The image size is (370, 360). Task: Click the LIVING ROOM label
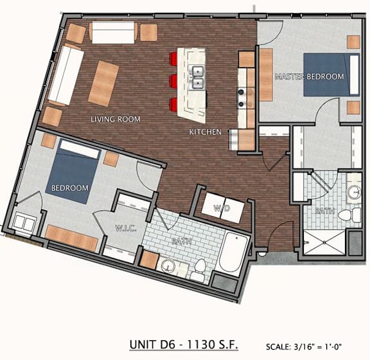[x=116, y=119]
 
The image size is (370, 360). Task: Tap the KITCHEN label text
[x=206, y=132]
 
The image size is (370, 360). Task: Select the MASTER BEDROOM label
[x=310, y=76]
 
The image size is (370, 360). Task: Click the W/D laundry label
[x=222, y=208]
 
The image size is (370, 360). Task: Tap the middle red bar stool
[x=174, y=81]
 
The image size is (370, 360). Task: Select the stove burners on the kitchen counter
[x=242, y=97]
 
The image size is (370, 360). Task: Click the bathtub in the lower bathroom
[x=233, y=253]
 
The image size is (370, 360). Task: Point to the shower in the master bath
[x=324, y=242]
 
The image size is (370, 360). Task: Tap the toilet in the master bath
[x=349, y=215]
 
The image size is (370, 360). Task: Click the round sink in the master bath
[x=353, y=192]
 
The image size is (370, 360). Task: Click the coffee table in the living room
[x=103, y=84]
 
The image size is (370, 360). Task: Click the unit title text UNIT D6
[x=152, y=345]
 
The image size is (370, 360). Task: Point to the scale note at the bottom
[x=304, y=346]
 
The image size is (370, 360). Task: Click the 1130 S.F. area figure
[x=212, y=345]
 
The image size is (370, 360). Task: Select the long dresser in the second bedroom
[x=71, y=238]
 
